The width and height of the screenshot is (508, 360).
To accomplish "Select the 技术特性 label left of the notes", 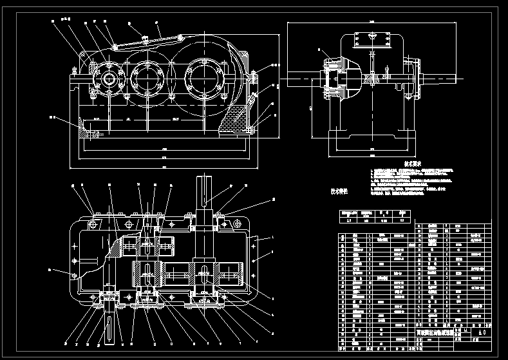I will click(x=339, y=191).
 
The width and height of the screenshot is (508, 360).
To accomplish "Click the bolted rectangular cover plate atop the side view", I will click(x=372, y=39).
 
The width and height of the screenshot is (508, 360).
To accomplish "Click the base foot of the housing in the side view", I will click(x=372, y=138).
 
